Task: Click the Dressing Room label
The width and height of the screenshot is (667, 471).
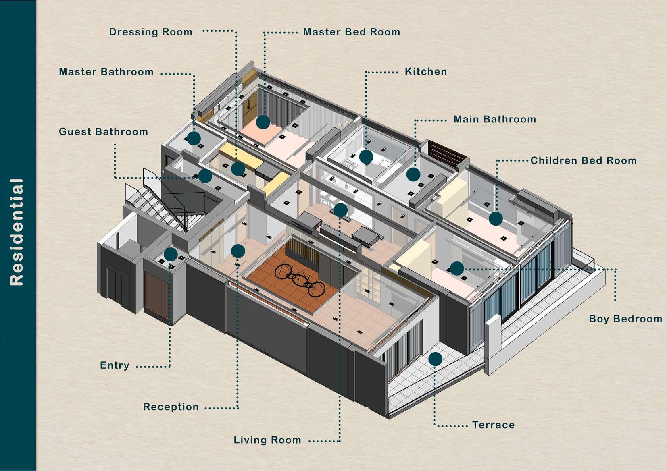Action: pyautogui.click(x=151, y=32)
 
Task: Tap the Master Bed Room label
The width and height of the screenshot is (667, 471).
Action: pyautogui.click(x=352, y=32)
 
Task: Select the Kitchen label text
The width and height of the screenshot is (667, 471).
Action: pyautogui.click(x=426, y=72)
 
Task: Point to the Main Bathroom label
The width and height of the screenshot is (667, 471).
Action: pyautogui.click(x=495, y=120)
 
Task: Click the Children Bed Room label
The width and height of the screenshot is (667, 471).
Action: pyautogui.click(x=584, y=161)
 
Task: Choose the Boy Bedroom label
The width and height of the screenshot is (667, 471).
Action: pyautogui.click(x=625, y=319)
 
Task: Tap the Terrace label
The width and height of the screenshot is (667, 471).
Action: pyautogui.click(x=494, y=425)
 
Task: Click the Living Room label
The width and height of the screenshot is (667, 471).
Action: pyautogui.click(x=267, y=440)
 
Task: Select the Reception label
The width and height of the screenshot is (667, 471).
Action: pyautogui.click(x=171, y=407)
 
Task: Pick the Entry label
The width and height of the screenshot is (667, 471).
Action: pyautogui.click(x=115, y=365)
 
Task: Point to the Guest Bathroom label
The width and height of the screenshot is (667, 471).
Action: pyautogui.click(x=104, y=132)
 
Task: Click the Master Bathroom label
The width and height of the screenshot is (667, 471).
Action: pyautogui.click(x=106, y=72)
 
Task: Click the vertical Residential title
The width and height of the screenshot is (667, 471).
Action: pyautogui.click(x=17, y=232)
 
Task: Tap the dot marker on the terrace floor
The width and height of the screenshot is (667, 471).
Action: pyautogui.click(x=435, y=359)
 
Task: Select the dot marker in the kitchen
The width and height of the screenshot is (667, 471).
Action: pyautogui.click(x=366, y=157)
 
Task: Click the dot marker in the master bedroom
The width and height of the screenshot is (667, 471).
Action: pyautogui.click(x=263, y=122)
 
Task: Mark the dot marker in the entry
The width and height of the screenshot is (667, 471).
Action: pyautogui.click(x=171, y=254)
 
